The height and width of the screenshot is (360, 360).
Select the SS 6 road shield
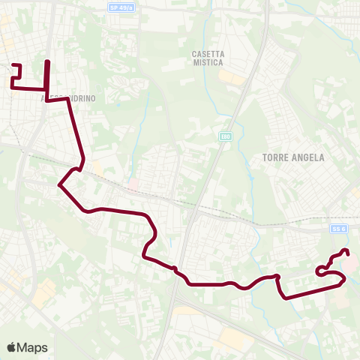pyautogui.click(x=338, y=228)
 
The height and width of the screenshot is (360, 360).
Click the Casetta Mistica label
pyautogui.click(x=208, y=58)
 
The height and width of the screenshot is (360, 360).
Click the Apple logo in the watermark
pyautogui.click(x=11, y=348)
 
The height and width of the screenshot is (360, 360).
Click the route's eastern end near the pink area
pyautogui.click(x=346, y=251)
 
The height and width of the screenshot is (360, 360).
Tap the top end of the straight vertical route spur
pyautogui.click(x=48, y=61)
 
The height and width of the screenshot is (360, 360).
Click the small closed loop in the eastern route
pyautogui.click(x=322, y=271)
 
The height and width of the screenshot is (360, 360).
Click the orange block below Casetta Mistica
pyautogui.click(x=232, y=78)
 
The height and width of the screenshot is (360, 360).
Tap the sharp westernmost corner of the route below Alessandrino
pyautogui.click(x=58, y=183)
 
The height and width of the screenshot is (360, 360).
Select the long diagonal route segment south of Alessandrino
pyautogui.click(x=76, y=130)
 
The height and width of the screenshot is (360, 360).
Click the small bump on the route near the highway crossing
pyautogui.click(x=173, y=268)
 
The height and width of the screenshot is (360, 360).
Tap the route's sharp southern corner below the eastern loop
pyautogui.click(x=285, y=297)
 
